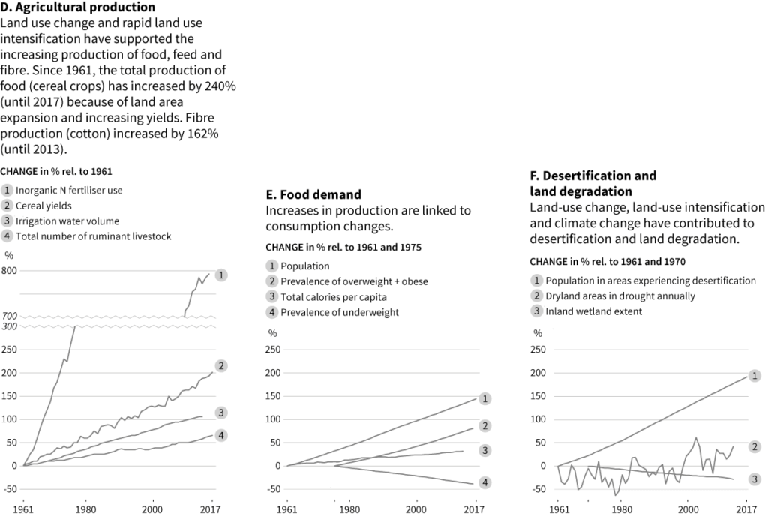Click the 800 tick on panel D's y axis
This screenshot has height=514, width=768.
[10, 270]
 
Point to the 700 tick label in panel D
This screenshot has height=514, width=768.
[10, 316]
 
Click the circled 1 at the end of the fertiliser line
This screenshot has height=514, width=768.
[221, 275]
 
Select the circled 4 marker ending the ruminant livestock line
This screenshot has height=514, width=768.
[221, 435]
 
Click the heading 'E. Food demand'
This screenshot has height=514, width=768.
[313, 194]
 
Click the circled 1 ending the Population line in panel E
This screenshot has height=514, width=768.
[485, 398]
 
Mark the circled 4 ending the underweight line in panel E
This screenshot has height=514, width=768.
[485, 482]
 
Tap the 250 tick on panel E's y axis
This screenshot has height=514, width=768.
[274, 349]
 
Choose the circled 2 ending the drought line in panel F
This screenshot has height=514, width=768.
[755, 446]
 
